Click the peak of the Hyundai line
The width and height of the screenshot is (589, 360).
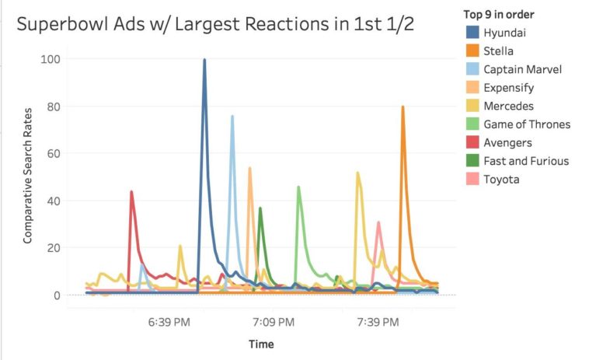[204, 60]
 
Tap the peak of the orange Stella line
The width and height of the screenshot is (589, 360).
[403, 107]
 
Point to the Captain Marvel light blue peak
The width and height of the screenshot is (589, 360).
[232, 117]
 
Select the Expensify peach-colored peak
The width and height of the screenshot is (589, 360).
[249, 168]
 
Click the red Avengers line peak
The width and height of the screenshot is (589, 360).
[131, 191]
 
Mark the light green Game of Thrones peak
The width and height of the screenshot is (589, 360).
[298, 187]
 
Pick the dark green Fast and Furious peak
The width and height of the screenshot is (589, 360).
[260, 208]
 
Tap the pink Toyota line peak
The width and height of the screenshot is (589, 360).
[378, 222]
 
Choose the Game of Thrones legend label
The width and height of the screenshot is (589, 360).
[526, 124]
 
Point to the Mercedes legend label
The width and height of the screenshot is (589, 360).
[507, 106]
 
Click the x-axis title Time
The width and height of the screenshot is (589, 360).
[261, 344]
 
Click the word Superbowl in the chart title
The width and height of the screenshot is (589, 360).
[59, 24]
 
